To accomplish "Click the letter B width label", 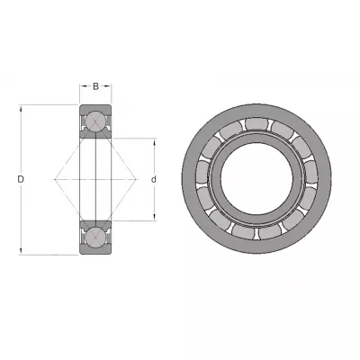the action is pyautogui.click(x=95, y=86).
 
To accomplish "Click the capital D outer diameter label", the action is pyautogui.click(x=21, y=179).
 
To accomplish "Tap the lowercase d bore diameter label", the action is pyautogui.click(x=154, y=179).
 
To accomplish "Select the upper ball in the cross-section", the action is pyautogui.click(x=95, y=121).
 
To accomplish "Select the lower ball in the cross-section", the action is pyautogui.click(x=95, y=238).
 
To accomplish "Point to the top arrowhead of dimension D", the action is pyautogui.click(x=21, y=108).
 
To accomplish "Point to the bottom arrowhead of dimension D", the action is pyautogui.click(x=21, y=251).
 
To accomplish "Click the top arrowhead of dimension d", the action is pyautogui.click(x=154, y=142).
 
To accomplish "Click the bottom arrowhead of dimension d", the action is pyautogui.click(x=154, y=217).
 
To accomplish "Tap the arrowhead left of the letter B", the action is pyautogui.click(x=83, y=86).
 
